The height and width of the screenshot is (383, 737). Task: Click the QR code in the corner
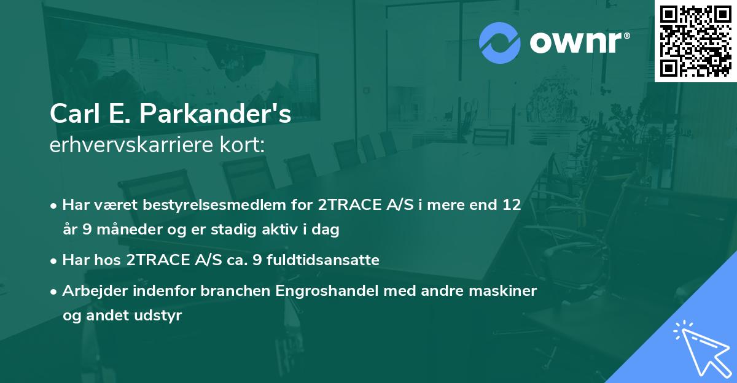point(696,41)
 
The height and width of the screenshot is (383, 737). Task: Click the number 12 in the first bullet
point(512,204)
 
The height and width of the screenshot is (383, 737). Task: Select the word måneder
point(123,230)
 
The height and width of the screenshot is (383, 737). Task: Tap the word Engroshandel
point(324,290)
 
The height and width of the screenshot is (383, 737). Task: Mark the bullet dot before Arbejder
point(54,291)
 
